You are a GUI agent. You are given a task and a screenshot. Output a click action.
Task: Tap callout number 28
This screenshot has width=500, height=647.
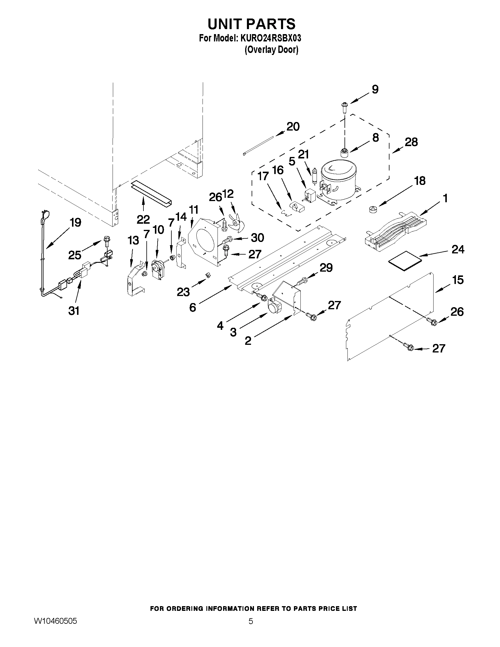(411, 142)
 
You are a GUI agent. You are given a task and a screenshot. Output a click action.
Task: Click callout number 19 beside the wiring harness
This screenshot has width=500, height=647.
(76, 222)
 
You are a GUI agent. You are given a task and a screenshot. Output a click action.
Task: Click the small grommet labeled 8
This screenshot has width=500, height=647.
(344, 153)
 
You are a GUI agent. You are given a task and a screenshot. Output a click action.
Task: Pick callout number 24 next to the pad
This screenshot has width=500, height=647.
(458, 250)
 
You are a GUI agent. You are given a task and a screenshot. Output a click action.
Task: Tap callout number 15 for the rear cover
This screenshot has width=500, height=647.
(458, 280)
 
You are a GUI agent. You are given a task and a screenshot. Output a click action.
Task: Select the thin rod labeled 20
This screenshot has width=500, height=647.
(258, 146)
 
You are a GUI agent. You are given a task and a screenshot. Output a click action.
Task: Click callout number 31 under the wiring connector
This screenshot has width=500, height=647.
(74, 311)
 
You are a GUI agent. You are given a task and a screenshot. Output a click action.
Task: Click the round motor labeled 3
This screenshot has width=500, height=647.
(274, 306)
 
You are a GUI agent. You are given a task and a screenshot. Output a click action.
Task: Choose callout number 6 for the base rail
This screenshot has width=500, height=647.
(193, 307)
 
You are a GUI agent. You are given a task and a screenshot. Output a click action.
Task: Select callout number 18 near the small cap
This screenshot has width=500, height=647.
(420, 180)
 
